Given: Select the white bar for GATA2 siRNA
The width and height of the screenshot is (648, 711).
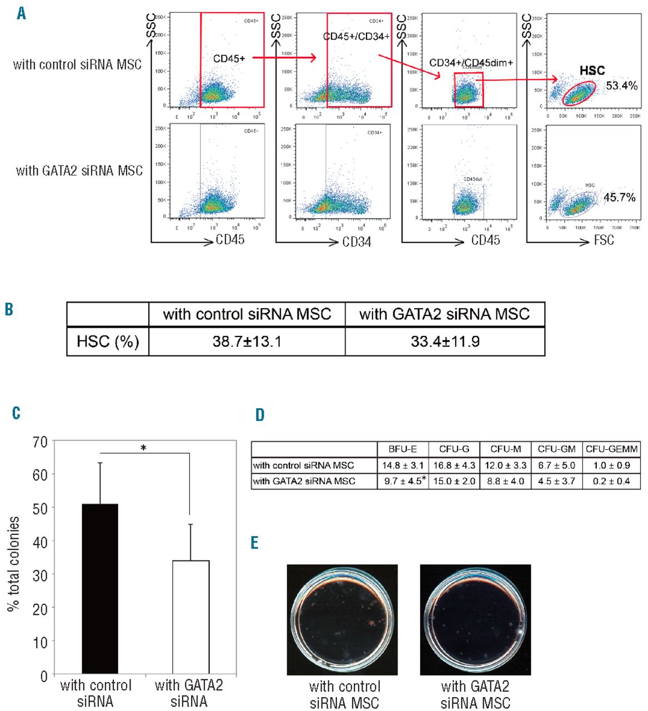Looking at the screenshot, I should (190, 618).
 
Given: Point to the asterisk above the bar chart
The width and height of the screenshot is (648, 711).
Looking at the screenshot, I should (143, 447).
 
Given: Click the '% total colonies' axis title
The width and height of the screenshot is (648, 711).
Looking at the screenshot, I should (14, 564).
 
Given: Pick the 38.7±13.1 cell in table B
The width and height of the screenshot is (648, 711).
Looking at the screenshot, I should (247, 341).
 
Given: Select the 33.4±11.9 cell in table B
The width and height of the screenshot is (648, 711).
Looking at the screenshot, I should (445, 341).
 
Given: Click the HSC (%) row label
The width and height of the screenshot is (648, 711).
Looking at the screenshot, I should (108, 341).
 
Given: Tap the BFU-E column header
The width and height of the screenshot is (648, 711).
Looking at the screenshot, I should (403, 449).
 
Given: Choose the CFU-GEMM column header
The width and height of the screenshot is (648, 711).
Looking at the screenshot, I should (611, 449).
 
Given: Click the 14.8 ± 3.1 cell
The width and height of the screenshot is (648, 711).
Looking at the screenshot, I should (403, 465).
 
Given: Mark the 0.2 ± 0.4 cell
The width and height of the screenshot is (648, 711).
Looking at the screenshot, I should (611, 481).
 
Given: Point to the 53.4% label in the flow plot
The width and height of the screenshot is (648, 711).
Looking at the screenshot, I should (621, 86).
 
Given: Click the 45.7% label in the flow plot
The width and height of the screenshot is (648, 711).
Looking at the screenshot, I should (619, 198).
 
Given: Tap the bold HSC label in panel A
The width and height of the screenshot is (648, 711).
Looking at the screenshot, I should (592, 71).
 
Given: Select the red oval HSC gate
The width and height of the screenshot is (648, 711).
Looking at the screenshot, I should (579, 93).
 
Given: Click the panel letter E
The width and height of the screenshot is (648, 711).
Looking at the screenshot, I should (255, 542).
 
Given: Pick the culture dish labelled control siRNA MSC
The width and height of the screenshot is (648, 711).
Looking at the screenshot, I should (343, 619).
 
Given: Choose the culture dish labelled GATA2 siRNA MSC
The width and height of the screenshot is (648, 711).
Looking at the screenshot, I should (475, 619).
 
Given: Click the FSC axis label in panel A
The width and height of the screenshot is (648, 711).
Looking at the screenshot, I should (604, 241).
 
